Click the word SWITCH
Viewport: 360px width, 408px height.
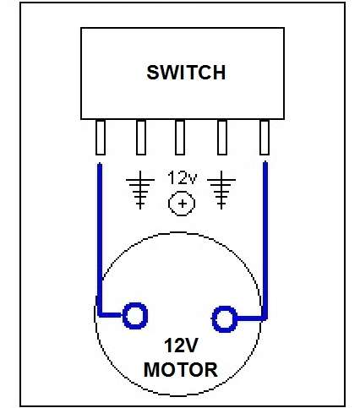coord(186,73)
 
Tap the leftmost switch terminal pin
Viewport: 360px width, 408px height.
coord(101,138)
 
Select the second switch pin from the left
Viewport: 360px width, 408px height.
coord(141,138)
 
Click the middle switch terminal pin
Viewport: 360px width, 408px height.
coord(180,138)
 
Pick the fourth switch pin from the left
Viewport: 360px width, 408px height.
coord(222,138)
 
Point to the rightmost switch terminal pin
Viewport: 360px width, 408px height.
coord(265,138)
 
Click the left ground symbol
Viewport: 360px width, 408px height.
coord(140,190)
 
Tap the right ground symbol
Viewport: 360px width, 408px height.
coord(221,190)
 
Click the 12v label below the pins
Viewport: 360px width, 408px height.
coord(183,178)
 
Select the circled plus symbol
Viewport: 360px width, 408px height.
coord(182,204)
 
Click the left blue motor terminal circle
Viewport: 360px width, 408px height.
coord(135,316)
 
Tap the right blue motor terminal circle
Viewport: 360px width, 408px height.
coord(225,319)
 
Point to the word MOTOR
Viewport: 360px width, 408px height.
coord(181,370)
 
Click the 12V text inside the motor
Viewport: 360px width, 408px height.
coord(181,345)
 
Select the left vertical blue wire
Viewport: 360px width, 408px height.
coord(100,239)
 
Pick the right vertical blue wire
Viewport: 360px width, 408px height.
coord(265,240)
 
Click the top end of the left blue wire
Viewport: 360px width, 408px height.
coord(100,164)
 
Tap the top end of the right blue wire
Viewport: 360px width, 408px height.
coord(265,161)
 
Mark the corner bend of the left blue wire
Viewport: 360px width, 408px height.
coord(100,315)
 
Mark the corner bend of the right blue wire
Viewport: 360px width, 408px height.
coord(265,318)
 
